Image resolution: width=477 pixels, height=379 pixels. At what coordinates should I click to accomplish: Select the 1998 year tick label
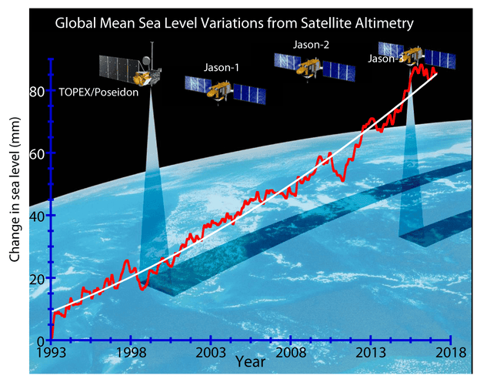point(131,353)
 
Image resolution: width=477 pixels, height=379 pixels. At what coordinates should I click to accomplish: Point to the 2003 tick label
point(211,353)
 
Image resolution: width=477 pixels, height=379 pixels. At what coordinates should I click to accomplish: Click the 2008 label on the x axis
point(291,353)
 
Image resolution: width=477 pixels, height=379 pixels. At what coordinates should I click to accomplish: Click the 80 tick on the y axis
point(35,91)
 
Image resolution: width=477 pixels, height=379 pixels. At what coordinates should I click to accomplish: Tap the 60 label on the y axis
point(35,153)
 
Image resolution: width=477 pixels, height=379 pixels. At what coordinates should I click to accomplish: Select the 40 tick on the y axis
point(35,216)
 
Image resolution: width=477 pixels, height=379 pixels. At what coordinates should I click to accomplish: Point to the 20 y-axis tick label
point(35,278)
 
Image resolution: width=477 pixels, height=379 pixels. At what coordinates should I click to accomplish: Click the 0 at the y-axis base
point(40,340)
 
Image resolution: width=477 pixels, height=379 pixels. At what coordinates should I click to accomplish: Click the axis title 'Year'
point(251,361)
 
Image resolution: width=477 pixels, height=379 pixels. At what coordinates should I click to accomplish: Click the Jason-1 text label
point(222,68)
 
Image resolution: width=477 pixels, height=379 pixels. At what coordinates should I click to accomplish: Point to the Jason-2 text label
point(312,45)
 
